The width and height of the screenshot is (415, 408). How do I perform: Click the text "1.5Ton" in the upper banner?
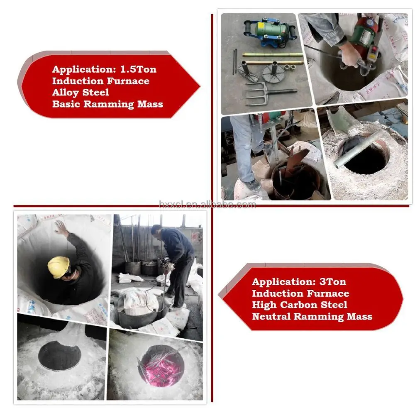pyautogui.click(x=138, y=69)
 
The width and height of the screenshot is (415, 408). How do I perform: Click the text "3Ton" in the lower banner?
pyautogui.click(x=333, y=282)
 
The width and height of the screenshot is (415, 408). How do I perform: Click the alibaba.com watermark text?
pyautogui.click(x=207, y=205)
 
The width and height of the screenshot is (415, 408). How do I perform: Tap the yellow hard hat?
pyautogui.click(x=59, y=267)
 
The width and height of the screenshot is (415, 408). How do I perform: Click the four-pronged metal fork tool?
pyautogui.click(x=267, y=93)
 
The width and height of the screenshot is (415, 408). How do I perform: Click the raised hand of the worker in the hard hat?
pyautogui.click(x=61, y=228)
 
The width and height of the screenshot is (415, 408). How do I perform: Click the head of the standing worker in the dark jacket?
pyautogui.click(x=156, y=230)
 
